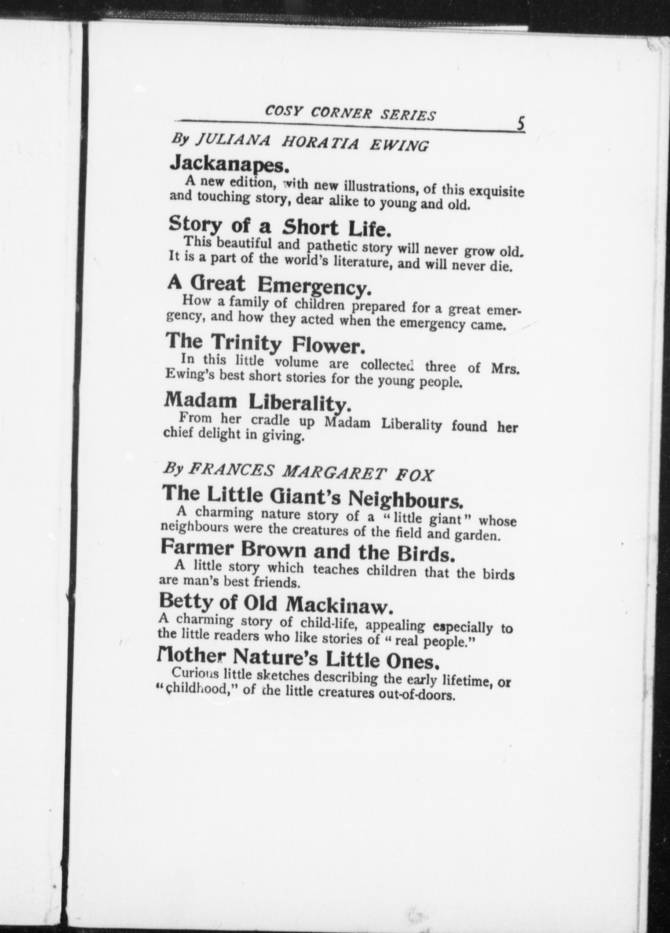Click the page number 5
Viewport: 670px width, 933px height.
(521, 124)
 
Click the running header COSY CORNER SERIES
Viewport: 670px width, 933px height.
(350, 112)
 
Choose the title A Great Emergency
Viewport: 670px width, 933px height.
(269, 285)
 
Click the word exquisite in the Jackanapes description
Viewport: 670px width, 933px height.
(496, 191)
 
